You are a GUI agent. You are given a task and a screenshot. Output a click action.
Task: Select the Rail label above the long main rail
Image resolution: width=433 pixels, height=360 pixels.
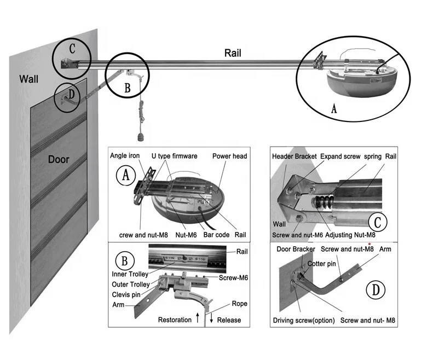[233, 53]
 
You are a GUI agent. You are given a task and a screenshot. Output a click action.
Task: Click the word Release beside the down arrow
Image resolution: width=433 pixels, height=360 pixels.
[229, 320]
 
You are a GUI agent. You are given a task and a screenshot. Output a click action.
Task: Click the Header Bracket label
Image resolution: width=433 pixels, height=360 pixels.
[296, 156]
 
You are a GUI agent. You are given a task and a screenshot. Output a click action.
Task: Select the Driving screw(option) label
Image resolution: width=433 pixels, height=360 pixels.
[305, 320]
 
